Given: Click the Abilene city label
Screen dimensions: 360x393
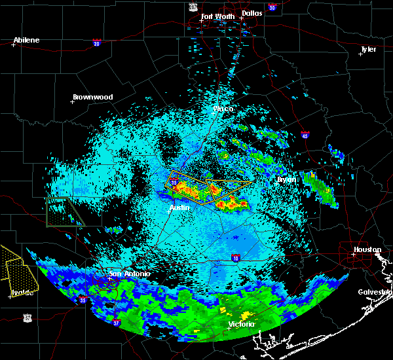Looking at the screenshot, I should (x=26, y=40).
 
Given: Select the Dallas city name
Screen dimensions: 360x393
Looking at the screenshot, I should (x=251, y=12).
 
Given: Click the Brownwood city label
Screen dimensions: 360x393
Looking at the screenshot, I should (x=92, y=97).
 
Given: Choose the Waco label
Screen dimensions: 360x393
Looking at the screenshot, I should (x=223, y=109).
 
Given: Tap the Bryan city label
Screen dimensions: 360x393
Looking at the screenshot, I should (x=286, y=179).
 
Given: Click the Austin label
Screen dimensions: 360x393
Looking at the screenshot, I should (x=179, y=207).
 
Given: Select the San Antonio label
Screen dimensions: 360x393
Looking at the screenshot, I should (x=129, y=274).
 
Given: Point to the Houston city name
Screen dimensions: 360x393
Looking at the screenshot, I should (x=367, y=249).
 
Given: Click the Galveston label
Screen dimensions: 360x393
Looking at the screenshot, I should (x=375, y=292).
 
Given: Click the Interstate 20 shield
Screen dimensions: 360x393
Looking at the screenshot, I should (x=97, y=43).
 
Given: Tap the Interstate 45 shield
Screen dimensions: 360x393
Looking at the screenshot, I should (x=306, y=135).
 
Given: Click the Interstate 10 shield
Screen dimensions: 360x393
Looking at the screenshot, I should (x=235, y=257).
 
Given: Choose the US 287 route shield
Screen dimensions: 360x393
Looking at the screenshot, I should (x=193, y=6).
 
